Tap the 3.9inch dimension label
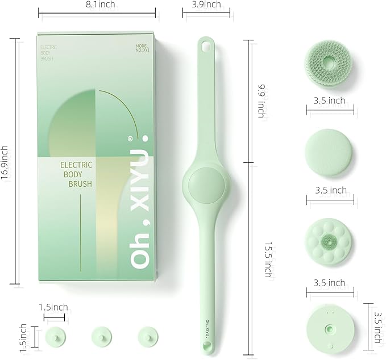[205, 5]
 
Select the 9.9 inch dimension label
[261, 101]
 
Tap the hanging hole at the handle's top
[205, 44]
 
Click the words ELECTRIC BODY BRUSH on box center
[76, 174]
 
